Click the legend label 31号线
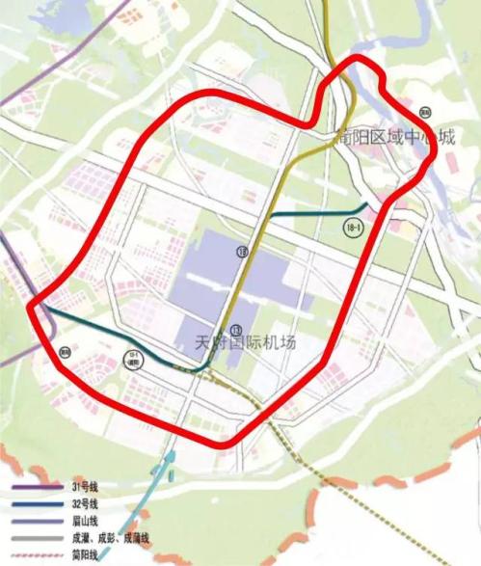(86, 488)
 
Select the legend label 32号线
(86, 504)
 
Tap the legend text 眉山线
(85, 521)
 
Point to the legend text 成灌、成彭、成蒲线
(108, 538)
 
